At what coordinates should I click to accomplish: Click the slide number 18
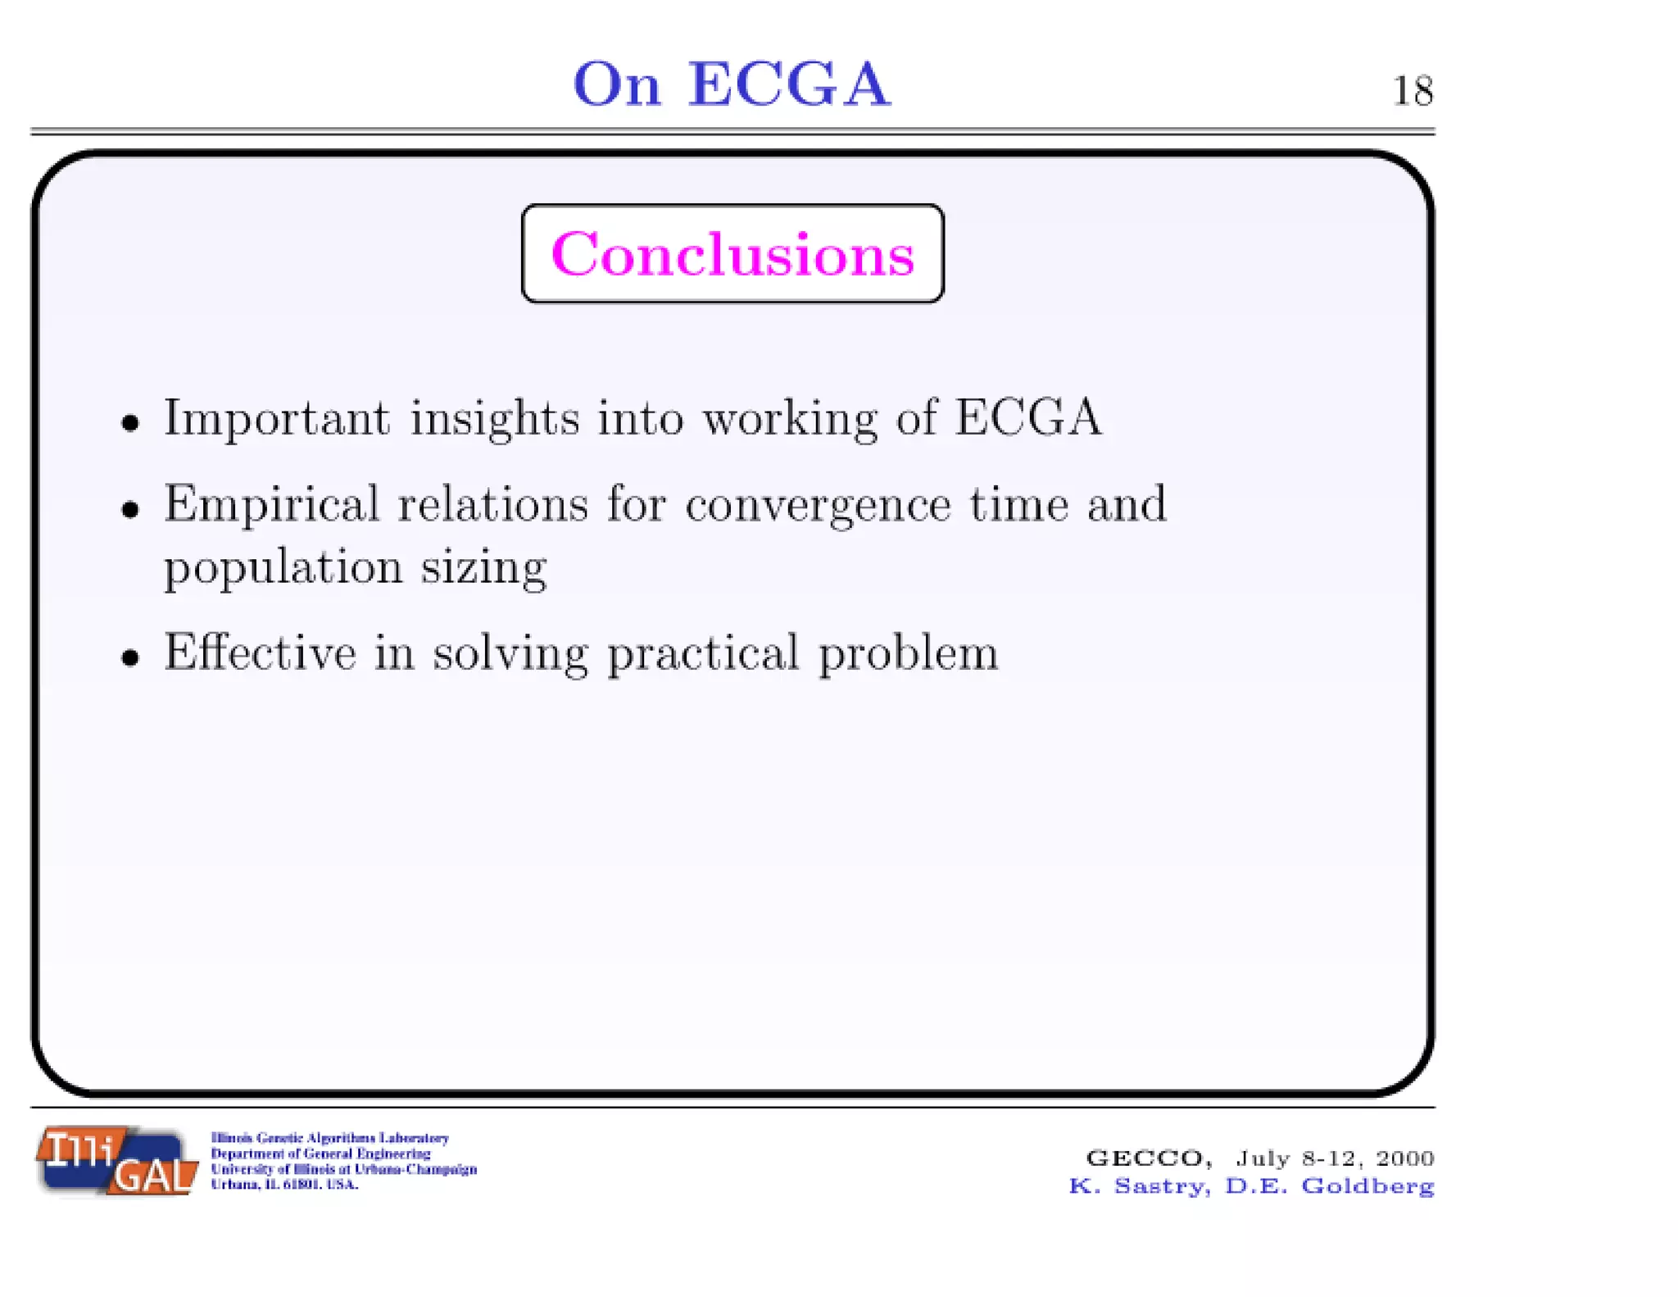[1413, 91]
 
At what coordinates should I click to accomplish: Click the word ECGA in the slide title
[788, 84]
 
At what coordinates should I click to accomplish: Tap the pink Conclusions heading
[732, 254]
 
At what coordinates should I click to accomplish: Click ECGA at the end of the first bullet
[1028, 417]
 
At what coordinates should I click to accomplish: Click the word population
[283, 568]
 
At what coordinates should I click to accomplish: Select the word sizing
[483, 568]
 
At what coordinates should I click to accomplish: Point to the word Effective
[261, 653]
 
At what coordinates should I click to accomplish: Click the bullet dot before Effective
[130, 658]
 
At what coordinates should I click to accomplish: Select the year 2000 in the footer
[1404, 1158]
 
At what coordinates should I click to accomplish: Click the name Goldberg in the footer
[1367, 1186]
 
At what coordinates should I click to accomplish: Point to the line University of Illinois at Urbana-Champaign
[343, 1169]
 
